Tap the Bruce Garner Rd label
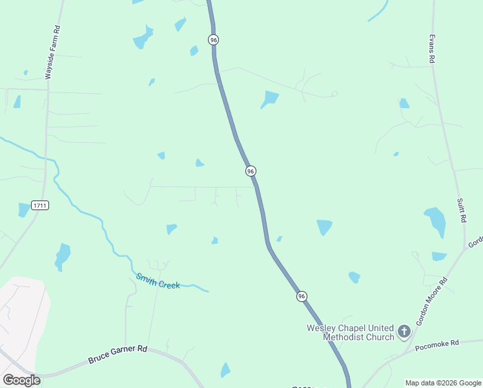coord(118,352)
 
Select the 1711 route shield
coord(39,205)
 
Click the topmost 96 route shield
coord(214,39)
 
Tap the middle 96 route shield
coord(251,171)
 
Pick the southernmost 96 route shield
coord(302,296)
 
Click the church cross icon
coord(404,332)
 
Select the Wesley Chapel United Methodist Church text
coord(350,332)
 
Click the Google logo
coord(21,380)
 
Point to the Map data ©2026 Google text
coord(442,383)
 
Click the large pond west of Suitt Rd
coord(435,221)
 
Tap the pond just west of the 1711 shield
coord(25,210)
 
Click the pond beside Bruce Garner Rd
coord(225,370)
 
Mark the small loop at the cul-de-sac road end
coord(334,94)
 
